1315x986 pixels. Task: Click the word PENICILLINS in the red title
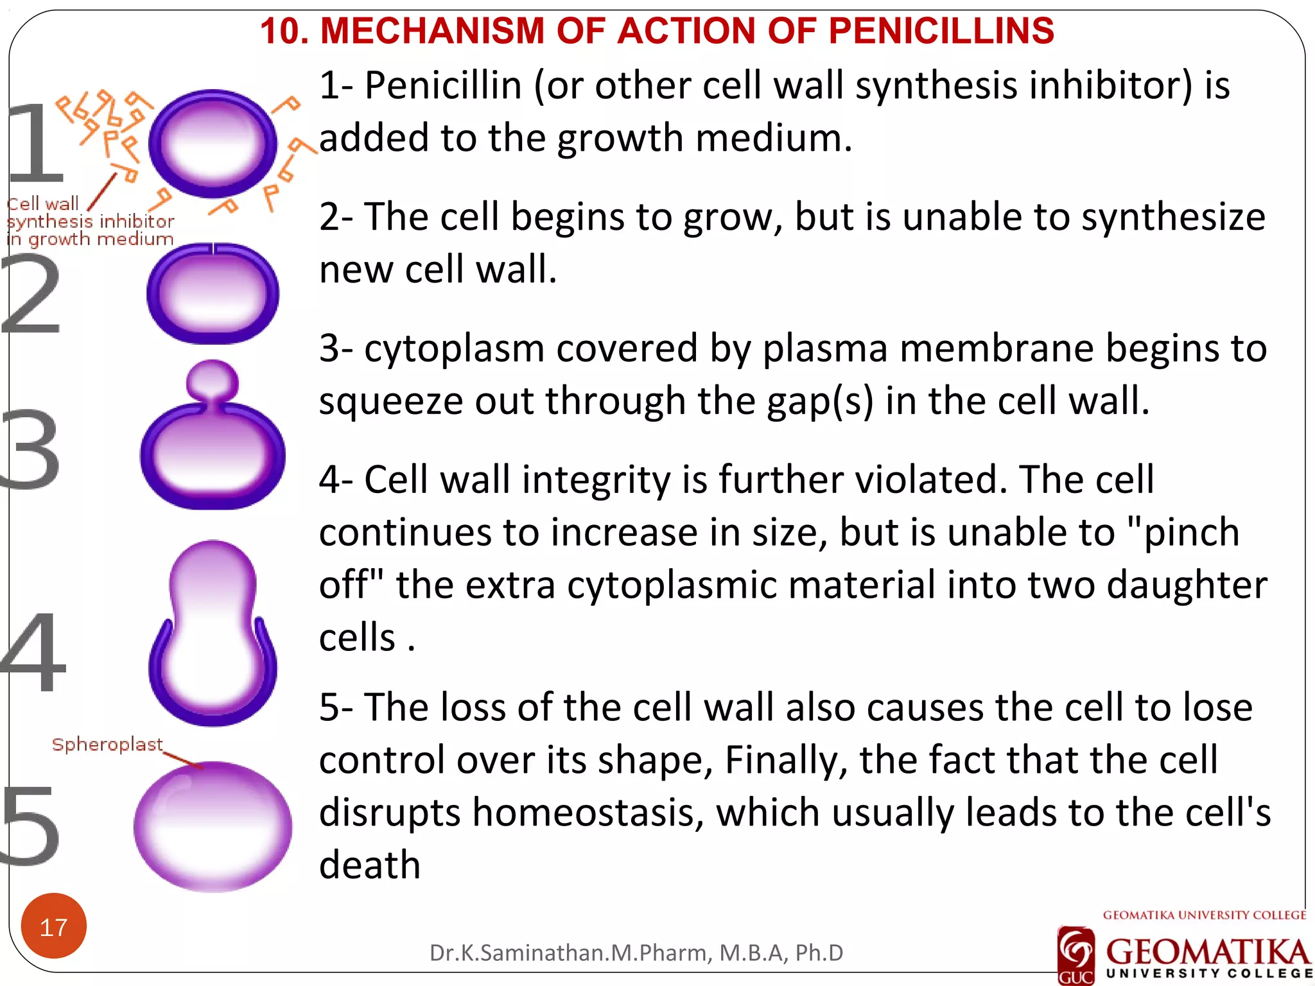click(x=941, y=31)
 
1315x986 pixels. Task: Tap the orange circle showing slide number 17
click(x=53, y=926)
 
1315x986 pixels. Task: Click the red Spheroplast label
click(x=107, y=745)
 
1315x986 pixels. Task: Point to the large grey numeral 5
click(x=30, y=825)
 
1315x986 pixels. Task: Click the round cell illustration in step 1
click(x=213, y=143)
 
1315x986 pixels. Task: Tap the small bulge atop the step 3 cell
click(x=213, y=380)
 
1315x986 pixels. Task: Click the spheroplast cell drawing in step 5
click(x=213, y=827)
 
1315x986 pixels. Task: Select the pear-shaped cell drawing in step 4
click(x=213, y=636)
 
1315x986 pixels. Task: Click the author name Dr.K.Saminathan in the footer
click(x=518, y=953)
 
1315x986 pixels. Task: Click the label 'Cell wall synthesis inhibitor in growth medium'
click(x=90, y=221)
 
